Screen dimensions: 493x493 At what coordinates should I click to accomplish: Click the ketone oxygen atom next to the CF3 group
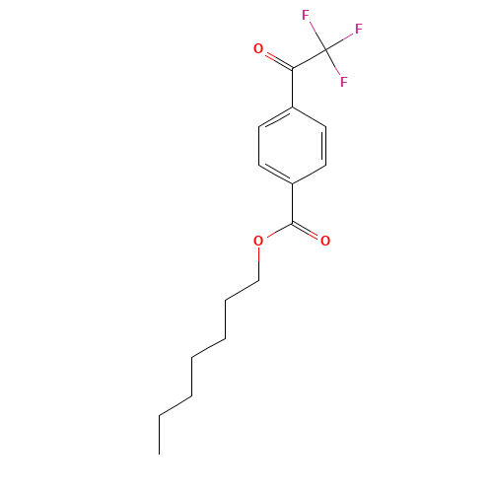point(258,48)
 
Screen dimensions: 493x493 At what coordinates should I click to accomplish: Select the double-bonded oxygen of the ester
point(325,241)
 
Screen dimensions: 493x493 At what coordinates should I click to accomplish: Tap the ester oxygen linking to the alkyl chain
point(258,241)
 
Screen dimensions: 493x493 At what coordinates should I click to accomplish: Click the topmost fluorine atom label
point(306,16)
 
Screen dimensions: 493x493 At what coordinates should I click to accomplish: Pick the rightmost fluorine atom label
point(359,30)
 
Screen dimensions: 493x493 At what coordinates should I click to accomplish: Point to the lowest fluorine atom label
point(343,82)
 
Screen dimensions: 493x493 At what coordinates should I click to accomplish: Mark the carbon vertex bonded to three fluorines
point(325,48)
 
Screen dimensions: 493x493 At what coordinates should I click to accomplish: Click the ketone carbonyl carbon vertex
point(293,68)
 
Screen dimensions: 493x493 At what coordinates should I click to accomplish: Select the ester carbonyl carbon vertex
point(293,223)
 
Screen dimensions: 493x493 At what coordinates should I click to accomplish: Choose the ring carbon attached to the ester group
point(293,183)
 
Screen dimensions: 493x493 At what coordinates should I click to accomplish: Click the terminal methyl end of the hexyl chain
point(160,415)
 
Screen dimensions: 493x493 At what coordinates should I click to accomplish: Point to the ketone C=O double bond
point(276,58)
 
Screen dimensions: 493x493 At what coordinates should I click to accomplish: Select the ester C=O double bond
point(309,232)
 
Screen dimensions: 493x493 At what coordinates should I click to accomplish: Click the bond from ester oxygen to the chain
point(258,261)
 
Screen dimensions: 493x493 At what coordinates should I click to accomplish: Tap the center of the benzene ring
point(293,145)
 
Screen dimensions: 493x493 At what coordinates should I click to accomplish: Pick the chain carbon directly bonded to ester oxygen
point(258,281)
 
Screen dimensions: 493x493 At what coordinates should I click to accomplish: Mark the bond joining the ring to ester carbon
point(293,203)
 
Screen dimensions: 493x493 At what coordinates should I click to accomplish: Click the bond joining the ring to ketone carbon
point(293,87)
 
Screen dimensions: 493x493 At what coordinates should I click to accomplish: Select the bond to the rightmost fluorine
point(341,39)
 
